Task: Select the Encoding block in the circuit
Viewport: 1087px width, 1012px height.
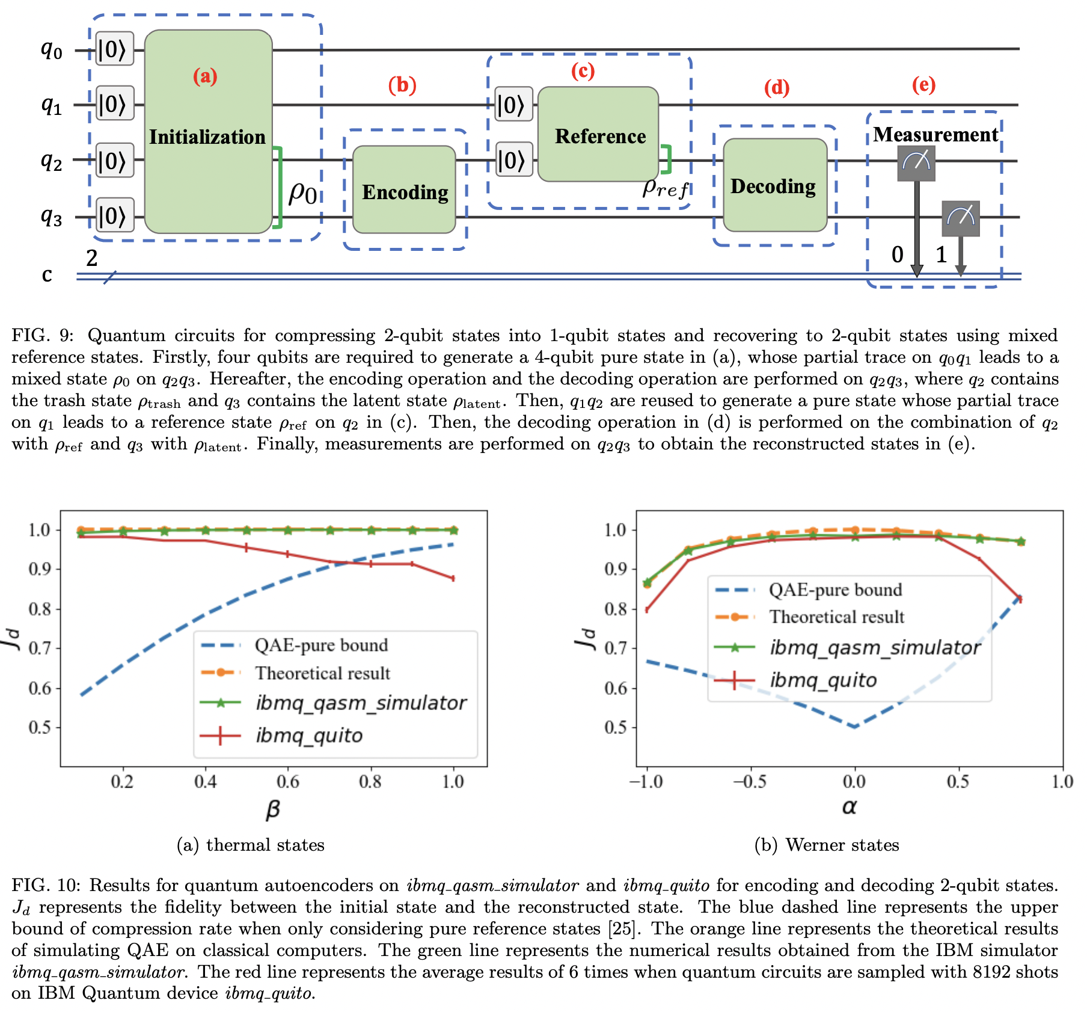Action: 404,190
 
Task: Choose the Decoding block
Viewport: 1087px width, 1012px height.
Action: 774,185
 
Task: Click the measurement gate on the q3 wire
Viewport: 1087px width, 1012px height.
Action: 960,218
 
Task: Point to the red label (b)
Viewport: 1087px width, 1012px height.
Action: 402,85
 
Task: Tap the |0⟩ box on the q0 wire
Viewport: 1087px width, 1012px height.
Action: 114,49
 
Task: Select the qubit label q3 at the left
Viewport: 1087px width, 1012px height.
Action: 51,217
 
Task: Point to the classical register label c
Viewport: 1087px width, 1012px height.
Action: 47,275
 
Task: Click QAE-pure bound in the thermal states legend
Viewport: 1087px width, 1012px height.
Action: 321,645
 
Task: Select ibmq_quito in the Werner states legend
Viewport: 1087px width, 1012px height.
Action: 823,680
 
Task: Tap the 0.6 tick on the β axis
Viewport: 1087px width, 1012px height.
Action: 287,782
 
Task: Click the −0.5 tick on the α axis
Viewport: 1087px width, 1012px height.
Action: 749,782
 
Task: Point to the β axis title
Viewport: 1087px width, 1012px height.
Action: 272,809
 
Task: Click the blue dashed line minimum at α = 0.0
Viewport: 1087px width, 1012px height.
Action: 854,727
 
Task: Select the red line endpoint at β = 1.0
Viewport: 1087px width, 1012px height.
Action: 453,578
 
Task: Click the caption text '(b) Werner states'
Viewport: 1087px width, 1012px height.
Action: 826,845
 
